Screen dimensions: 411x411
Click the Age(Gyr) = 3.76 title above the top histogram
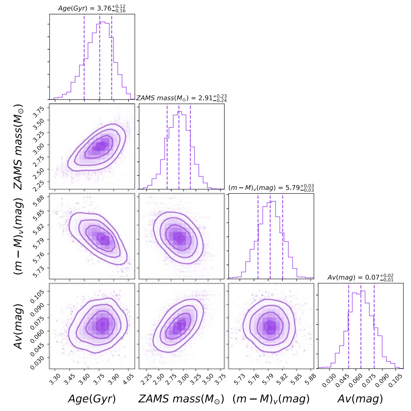(92, 8)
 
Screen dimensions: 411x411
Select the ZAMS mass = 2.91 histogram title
(181, 98)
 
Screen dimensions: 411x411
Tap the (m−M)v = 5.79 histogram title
(271, 188)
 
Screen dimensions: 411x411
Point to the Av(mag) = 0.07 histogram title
(360, 278)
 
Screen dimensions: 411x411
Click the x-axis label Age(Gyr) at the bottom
(92, 399)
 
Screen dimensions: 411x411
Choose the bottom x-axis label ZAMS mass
(181, 399)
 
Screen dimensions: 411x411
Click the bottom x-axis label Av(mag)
(360, 399)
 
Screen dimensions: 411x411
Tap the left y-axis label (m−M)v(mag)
(18, 236)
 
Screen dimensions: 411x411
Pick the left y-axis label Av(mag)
(18, 326)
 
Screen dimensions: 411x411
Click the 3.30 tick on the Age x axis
(54, 379)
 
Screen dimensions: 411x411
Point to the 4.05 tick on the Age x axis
(129, 379)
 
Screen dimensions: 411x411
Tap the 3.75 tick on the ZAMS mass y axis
(38, 112)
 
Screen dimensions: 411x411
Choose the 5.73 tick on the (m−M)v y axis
(38, 271)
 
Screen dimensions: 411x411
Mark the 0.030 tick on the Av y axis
(37, 362)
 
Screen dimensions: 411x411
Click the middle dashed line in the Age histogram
(99, 57)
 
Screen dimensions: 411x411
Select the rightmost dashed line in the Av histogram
(374, 326)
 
